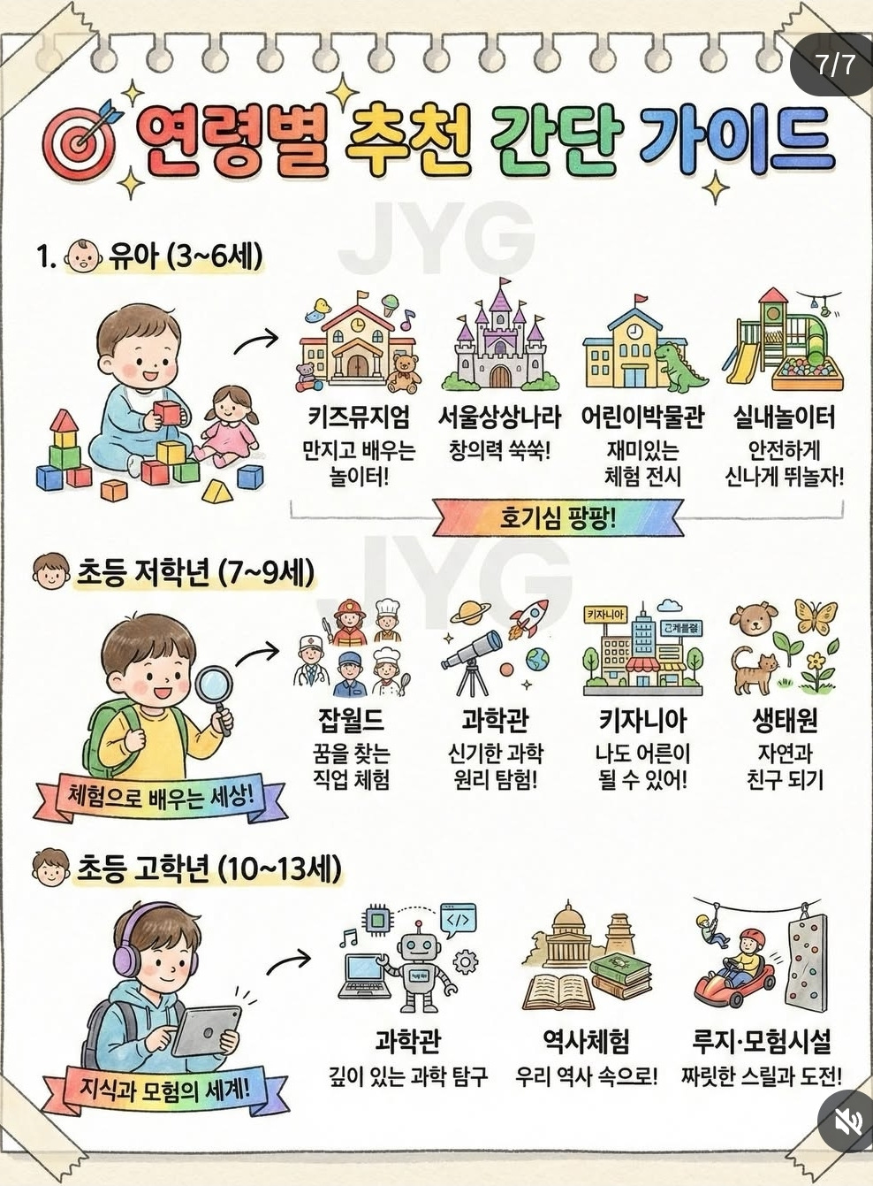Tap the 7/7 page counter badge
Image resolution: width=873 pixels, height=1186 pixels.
click(834, 65)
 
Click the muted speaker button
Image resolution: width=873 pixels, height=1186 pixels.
click(846, 1121)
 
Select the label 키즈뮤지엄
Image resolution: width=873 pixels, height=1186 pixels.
click(359, 417)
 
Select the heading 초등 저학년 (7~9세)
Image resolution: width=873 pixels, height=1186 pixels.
click(195, 572)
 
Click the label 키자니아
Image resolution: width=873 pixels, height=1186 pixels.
click(642, 721)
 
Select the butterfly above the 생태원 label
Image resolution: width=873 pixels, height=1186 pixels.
click(816, 616)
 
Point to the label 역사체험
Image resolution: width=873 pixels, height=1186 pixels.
click(587, 1041)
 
